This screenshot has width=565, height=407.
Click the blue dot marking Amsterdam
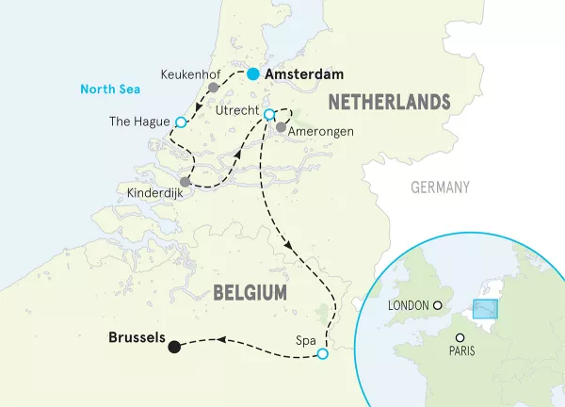252,74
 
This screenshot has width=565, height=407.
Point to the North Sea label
110,90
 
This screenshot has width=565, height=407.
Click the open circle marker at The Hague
181,122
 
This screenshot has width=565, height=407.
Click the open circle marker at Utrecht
268,115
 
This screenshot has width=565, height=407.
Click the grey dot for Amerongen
281,126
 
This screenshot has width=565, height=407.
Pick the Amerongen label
322,133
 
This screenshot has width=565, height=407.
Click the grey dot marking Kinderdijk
186,182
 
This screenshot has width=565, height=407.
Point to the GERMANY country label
440,187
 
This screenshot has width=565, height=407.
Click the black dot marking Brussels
174,347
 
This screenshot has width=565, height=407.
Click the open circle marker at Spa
323,354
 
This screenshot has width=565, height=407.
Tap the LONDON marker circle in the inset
437,305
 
